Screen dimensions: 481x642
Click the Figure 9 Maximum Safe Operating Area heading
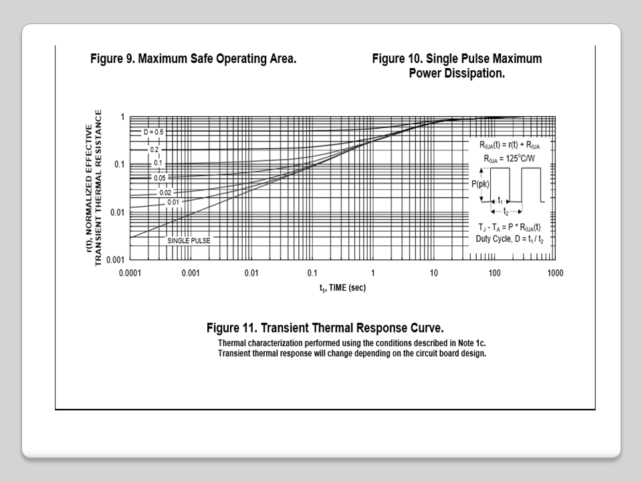pos(193,59)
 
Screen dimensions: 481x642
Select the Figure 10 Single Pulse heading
pos(457,65)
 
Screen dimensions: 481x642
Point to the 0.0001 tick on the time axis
pos(130,273)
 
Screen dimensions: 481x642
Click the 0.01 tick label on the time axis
pos(251,273)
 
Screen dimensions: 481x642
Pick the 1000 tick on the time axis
pos(554,273)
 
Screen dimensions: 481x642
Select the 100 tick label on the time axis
pos(494,273)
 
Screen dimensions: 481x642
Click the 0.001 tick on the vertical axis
pos(116,260)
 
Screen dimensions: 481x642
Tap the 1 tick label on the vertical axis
pos(122,118)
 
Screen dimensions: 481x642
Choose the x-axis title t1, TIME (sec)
pos(342,288)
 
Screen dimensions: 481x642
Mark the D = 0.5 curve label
pos(153,132)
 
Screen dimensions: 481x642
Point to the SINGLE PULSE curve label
pos(188,240)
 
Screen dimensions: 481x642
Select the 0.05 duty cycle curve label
pos(159,178)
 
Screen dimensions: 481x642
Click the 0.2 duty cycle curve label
pos(154,150)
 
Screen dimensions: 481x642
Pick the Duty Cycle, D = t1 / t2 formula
pos(512,238)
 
